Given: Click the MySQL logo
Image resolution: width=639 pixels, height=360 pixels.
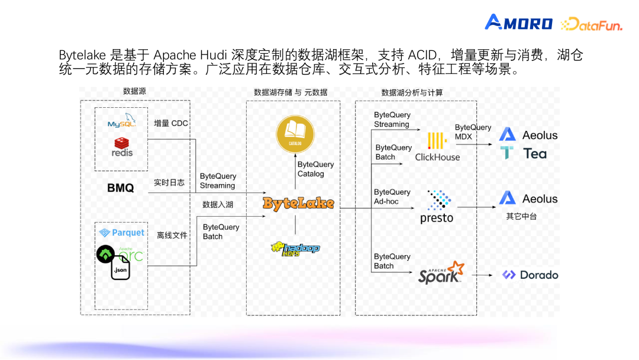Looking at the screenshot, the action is pos(121,120).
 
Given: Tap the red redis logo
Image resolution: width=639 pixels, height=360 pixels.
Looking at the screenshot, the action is pos(122,147).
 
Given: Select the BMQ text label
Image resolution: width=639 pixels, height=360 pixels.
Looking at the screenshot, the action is pos(120,188).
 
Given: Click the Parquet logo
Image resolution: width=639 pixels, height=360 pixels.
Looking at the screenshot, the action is pos(121,233).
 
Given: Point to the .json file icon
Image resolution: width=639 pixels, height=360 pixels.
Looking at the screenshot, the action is pos(120,268).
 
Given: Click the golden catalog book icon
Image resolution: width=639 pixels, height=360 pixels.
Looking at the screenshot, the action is pos(295,134).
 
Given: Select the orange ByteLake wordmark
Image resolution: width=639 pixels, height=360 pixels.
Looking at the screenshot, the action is pos(298,204).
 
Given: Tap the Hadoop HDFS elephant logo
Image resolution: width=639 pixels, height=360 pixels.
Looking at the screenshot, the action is pos(295,249).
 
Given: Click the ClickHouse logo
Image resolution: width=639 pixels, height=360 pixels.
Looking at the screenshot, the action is pos(437,147).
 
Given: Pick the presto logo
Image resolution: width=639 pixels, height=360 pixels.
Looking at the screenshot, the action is pos(437,207).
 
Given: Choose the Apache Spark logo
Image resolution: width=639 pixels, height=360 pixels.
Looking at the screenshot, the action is pos(441,273).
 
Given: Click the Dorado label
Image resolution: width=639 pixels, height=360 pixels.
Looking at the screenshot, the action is pos(530,275).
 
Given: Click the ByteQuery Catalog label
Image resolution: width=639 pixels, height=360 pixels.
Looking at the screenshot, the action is pos(315,169).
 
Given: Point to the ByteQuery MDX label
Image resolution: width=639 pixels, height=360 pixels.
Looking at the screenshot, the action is pos(473,132).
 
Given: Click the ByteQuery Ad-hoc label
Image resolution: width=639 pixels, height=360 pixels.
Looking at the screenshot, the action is pos(392,197).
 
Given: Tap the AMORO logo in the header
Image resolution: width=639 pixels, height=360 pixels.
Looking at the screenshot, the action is pos(518,22).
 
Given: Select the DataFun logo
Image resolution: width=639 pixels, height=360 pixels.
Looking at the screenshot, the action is pos(591,24).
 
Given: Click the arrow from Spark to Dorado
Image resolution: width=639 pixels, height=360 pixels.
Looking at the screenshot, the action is pos(483,275).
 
